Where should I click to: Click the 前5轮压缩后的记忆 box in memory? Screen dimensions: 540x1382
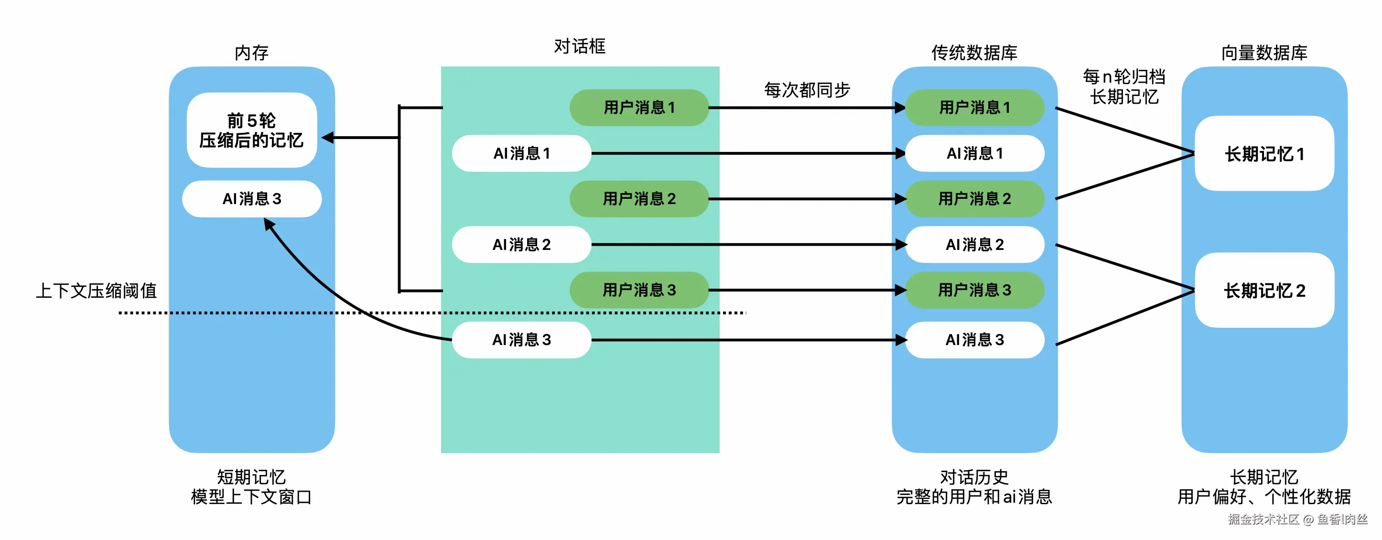pyautogui.click(x=252, y=130)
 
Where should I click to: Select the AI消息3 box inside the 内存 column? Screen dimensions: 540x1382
pyautogui.click(x=252, y=199)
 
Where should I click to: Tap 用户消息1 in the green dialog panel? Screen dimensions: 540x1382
pyautogui.click(x=639, y=108)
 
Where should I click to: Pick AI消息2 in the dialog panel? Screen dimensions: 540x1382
pyautogui.click(x=521, y=245)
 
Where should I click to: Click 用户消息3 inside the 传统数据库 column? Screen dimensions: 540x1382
pyautogui.click(x=974, y=290)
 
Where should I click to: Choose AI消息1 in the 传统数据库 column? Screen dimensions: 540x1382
pyautogui.click(x=974, y=153)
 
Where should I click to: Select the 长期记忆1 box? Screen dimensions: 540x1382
pyautogui.click(x=1264, y=154)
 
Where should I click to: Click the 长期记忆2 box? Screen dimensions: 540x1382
pyautogui.click(x=1264, y=291)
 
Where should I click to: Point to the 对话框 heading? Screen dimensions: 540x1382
pyautogui.click(x=579, y=47)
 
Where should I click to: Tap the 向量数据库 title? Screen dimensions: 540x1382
pyautogui.click(x=1264, y=53)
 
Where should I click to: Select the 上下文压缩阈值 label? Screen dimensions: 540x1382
pyautogui.click(x=97, y=291)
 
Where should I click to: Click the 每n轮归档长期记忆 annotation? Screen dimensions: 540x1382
pyautogui.click(x=1124, y=87)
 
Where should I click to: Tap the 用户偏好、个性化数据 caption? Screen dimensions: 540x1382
pyautogui.click(x=1264, y=497)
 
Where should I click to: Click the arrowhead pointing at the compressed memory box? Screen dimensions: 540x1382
pyautogui.click(x=328, y=138)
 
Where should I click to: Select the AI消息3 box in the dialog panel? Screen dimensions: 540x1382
pyautogui.click(x=521, y=340)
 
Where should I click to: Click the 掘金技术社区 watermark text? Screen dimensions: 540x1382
pyautogui.click(x=1263, y=519)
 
